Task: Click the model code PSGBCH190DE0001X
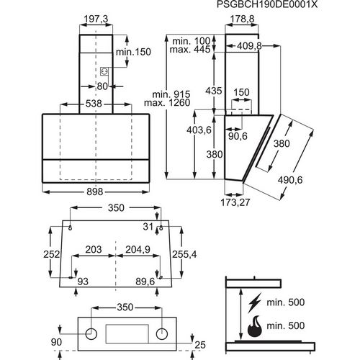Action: [267, 4]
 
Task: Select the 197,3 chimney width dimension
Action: [96, 19]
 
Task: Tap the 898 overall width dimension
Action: [95, 192]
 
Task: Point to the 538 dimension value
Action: [94, 104]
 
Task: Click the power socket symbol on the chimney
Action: [104, 71]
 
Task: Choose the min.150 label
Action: [133, 52]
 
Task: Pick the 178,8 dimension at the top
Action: [242, 19]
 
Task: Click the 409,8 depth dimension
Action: [249, 46]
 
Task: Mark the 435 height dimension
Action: [214, 91]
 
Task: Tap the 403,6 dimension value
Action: [199, 130]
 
